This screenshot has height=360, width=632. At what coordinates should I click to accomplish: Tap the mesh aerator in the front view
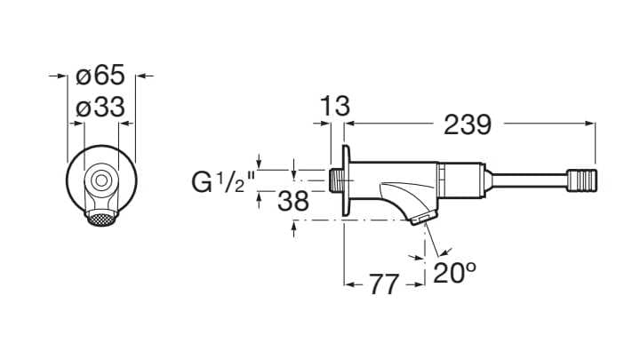click(x=100, y=214)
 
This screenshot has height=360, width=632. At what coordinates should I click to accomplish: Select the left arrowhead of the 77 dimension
click(x=349, y=285)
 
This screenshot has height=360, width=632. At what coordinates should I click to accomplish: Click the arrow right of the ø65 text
click(x=142, y=76)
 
